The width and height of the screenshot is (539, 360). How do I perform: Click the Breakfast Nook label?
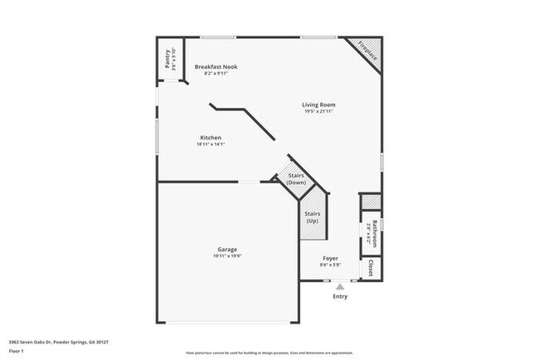pos(216,66)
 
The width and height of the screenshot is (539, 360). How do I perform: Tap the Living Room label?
pos(318,105)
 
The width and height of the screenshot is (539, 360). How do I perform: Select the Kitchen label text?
pos(211,138)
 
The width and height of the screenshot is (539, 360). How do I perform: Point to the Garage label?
pos(227,249)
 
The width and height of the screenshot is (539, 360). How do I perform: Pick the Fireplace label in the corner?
pos(367,51)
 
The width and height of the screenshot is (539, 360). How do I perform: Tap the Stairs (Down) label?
pos(296,178)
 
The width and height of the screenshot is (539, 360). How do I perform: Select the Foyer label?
pos(330,258)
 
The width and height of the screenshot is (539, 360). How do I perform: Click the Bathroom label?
pos(374,233)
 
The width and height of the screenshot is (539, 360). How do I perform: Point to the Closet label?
pos(370,268)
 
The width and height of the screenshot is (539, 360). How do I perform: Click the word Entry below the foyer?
pos(340,296)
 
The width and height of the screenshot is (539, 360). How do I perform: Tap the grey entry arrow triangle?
pos(340,286)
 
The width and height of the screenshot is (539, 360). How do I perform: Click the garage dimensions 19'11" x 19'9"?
pos(227,255)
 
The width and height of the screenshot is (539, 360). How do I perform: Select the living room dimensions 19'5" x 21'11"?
pos(318,111)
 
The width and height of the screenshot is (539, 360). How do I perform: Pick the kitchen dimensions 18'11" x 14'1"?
pos(211,144)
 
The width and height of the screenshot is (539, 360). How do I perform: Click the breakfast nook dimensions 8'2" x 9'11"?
pos(216,73)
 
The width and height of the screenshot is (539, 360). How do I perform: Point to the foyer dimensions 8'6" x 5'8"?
pos(330,265)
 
